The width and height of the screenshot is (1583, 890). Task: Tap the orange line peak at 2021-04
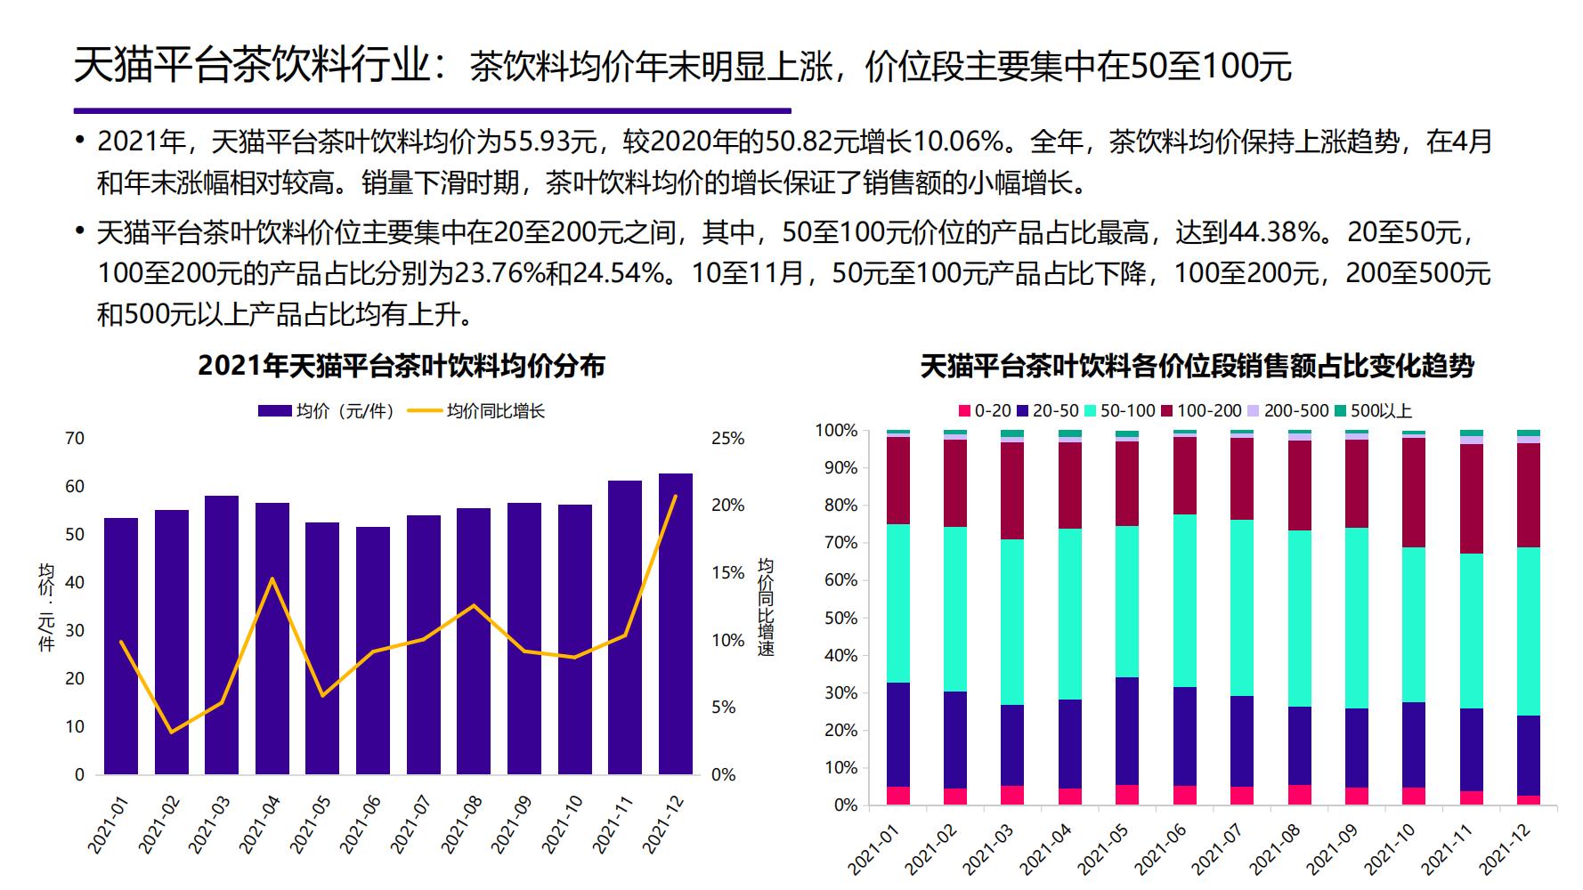[272, 578]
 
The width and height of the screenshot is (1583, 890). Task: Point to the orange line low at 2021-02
[171, 732]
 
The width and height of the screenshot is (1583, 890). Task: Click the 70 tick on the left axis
[75, 438]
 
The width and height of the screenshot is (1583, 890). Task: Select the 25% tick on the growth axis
[727, 438]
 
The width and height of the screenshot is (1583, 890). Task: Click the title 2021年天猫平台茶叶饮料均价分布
[402, 366]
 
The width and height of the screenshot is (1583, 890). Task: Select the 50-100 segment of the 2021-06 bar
[1184, 601]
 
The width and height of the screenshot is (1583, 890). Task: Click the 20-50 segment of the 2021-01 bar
[898, 734]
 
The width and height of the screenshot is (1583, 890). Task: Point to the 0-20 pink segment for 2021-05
[1127, 795]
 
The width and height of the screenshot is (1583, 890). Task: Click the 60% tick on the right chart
[836, 580]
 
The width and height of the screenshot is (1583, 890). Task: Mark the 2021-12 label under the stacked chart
[1507, 849]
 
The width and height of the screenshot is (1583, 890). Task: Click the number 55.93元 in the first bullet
[548, 142]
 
